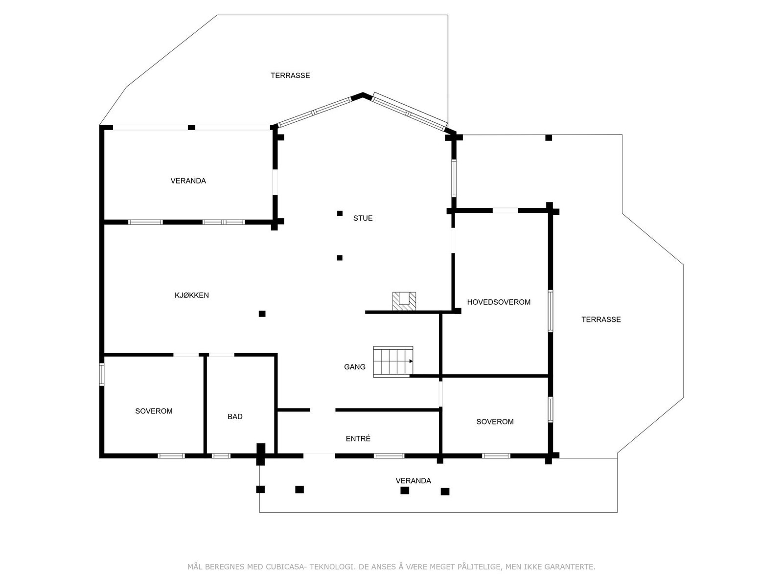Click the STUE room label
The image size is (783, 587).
point(363,218)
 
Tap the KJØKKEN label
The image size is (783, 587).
point(192,295)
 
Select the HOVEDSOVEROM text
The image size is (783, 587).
point(499,302)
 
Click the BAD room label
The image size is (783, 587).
point(235,417)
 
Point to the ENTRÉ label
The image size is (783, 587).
point(358,439)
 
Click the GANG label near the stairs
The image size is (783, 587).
point(354,367)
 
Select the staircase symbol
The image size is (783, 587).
point(393,361)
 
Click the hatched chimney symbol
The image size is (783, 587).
point(404,301)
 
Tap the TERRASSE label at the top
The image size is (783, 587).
point(290,75)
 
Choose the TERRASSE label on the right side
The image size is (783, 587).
point(601,319)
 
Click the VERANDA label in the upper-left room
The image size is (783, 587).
point(188,181)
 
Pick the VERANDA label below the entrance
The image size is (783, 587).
point(413,481)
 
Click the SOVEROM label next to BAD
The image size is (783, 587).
point(154,411)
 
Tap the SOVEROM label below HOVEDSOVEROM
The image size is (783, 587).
point(495,422)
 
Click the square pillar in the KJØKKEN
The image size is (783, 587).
point(262,314)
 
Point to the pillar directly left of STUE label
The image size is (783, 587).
point(340,213)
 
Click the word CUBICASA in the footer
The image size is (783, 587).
point(288,567)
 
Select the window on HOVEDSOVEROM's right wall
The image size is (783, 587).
point(551,311)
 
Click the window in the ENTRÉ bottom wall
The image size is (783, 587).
point(389,456)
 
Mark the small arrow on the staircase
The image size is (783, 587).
point(411,361)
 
